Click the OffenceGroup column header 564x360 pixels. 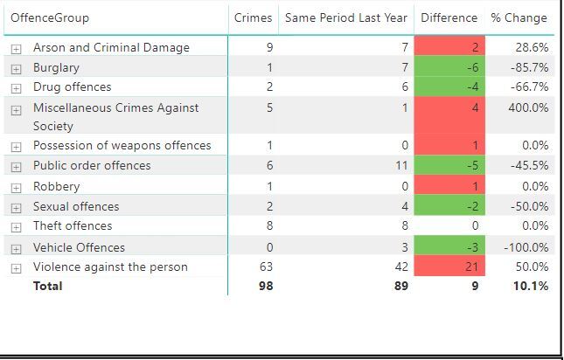point(50,17)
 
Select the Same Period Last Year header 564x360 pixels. point(346,17)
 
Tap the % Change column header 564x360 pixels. point(519,17)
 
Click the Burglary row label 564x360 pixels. point(56,67)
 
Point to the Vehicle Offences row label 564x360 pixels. point(79,247)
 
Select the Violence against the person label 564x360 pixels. point(110,267)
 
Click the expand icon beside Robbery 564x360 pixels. point(16,187)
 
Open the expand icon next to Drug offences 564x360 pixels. point(16,87)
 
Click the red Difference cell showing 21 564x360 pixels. point(449,267)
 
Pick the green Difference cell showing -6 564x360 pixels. point(449,67)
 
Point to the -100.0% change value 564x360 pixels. point(526,247)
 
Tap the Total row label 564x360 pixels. point(48,286)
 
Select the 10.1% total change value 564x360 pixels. point(531,286)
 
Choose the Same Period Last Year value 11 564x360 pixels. point(401,165)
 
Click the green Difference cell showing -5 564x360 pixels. point(449,165)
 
